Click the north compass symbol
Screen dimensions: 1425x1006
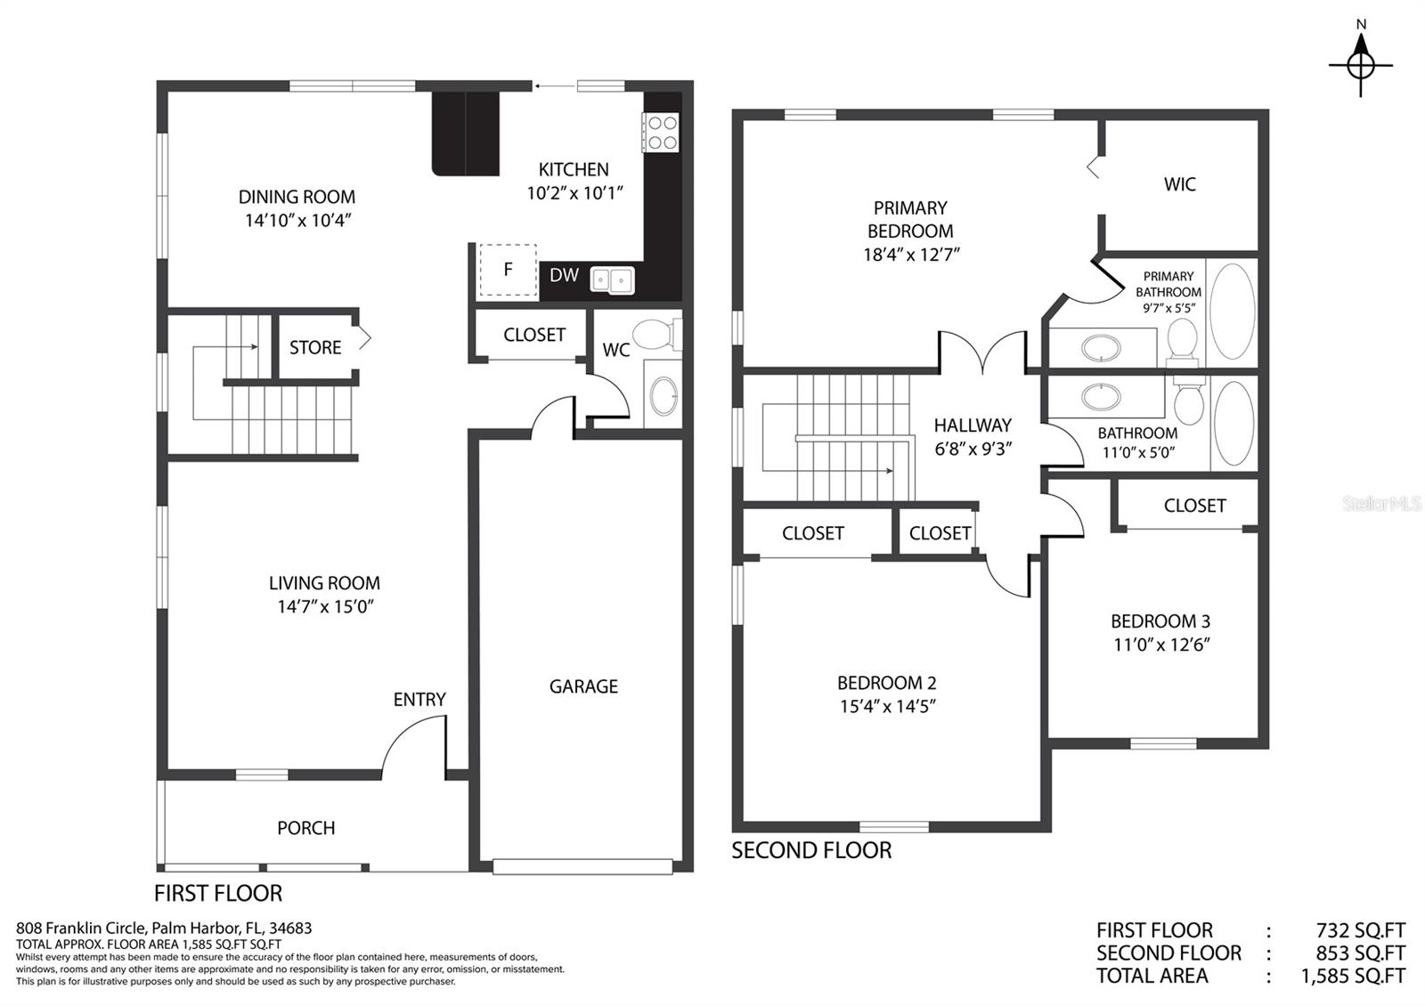(x=1361, y=63)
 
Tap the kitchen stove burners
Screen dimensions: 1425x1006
(x=662, y=133)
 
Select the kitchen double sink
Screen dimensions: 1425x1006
(x=611, y=280)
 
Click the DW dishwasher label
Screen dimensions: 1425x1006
(x=564, y=275)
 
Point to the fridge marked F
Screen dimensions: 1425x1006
(x=508, y=270)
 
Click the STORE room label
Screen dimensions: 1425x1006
(x=315, y=347)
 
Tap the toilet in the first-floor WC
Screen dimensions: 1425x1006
(x=656, y=334)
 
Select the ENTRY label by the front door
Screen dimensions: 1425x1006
(x=419, y=700)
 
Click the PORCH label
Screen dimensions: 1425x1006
(x=306, y=828)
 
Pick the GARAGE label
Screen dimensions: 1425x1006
(x=583, y=686)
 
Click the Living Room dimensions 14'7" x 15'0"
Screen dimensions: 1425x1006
(x=324, y=606)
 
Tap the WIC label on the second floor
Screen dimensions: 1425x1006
(x=1179, y=184)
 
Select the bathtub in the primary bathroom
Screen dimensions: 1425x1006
(x=1233, y=312)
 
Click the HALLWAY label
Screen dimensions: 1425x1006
(x=973, y=425)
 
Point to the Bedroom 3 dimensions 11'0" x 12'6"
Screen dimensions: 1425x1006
(x=1161, y=645)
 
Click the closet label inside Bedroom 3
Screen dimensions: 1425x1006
(x=1194, y=506)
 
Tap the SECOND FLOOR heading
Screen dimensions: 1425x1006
(x=811, y=850)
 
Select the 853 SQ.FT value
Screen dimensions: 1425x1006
(x=1360, y=953)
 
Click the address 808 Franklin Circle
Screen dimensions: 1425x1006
(x=81, y=929)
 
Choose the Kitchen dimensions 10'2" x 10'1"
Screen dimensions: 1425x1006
(x=574, y=192)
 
